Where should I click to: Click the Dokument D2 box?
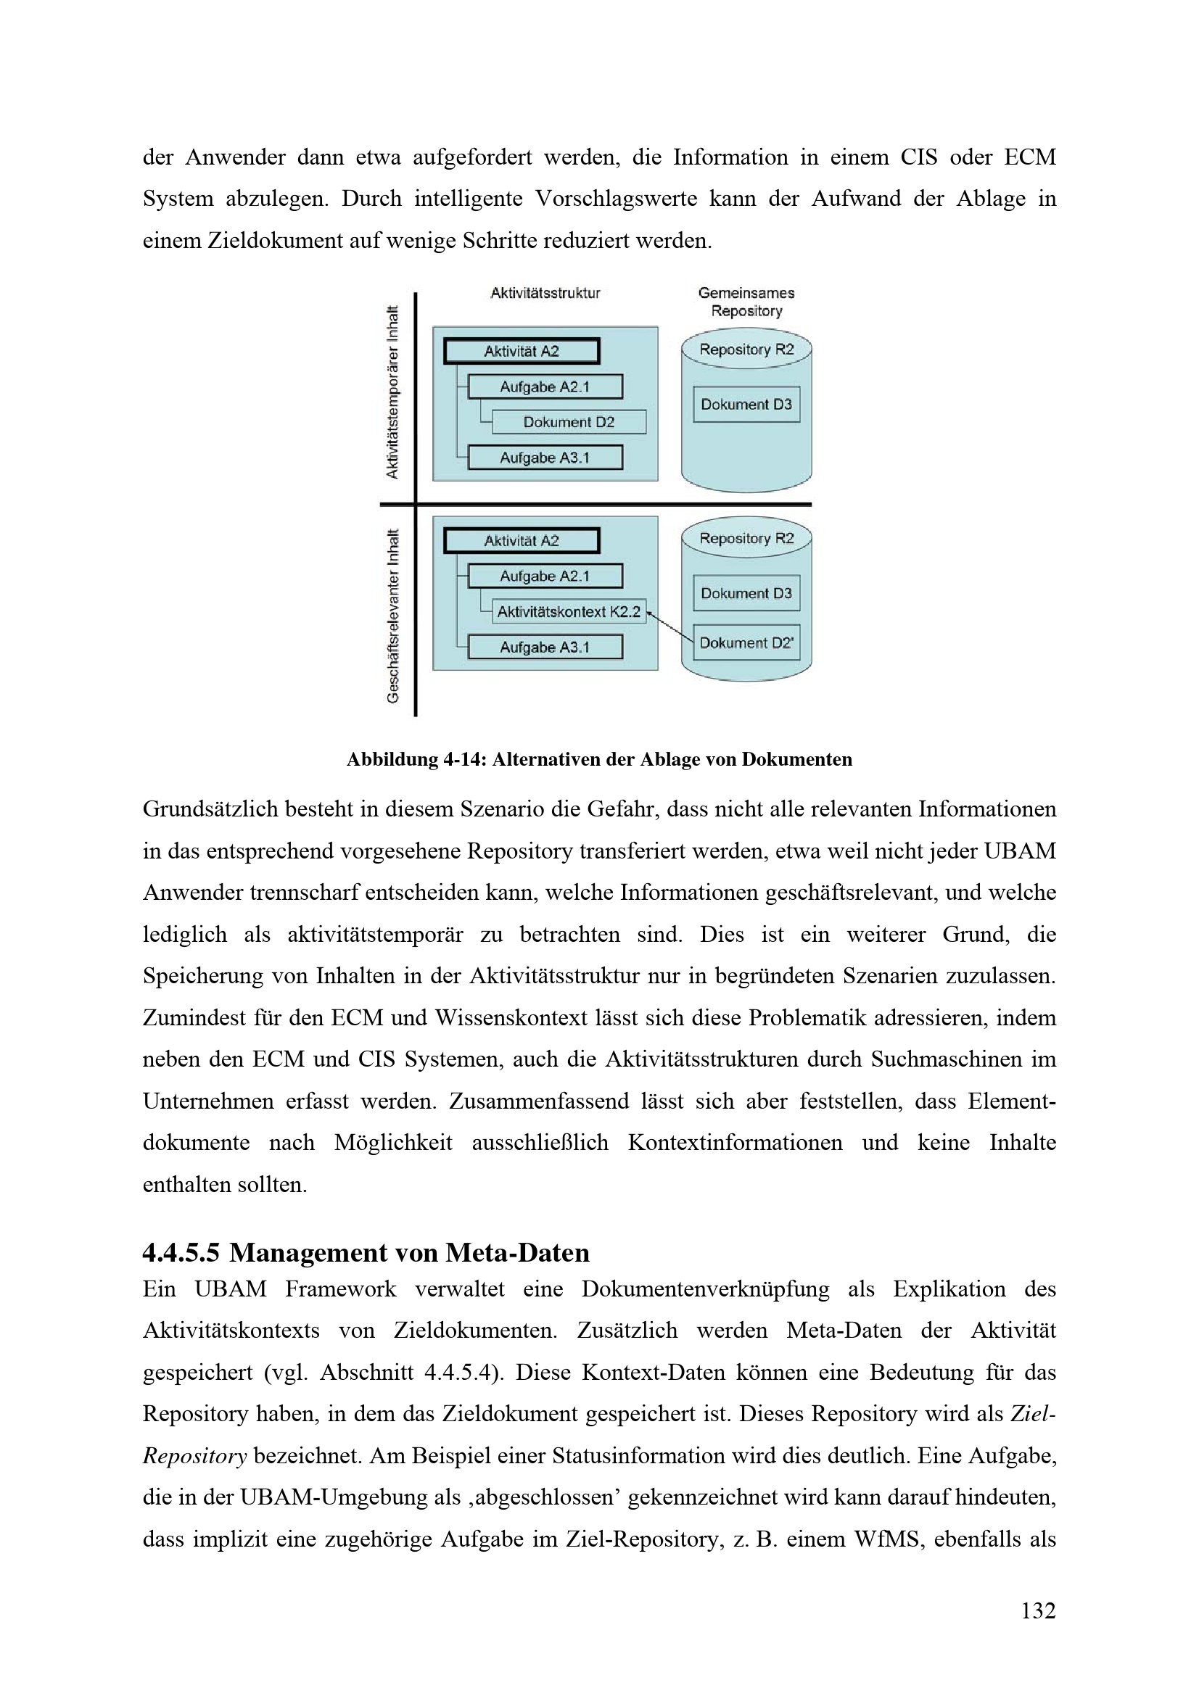point(568,422)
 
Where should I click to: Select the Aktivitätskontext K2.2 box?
point(568,612)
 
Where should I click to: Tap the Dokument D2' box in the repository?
point(746,643)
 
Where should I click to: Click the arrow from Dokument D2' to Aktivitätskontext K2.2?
point(669,626)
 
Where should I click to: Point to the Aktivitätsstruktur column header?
point(545,293)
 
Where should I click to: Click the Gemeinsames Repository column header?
point(746,302)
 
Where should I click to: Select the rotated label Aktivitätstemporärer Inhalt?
point(392,392)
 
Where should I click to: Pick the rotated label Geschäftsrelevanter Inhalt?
point(392,616)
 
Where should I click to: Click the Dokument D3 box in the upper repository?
point(746,404)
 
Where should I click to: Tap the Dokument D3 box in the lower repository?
point(746,593)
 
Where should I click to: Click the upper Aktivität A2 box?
point(522,351)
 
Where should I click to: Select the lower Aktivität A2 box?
point(522,541)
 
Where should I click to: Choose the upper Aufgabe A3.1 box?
point(545,458)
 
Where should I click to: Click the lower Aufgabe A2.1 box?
point(545,576)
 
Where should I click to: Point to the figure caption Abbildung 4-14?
point(599,759)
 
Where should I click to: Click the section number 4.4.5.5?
point(181,1253)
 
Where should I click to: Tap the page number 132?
point(1038,1610)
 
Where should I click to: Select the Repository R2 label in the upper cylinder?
point(746,349)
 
